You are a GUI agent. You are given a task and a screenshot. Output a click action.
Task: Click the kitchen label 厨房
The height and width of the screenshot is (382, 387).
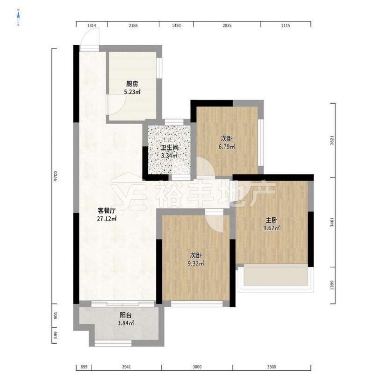(132, 84)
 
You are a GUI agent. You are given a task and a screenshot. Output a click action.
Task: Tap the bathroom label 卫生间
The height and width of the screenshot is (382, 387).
(170, 148)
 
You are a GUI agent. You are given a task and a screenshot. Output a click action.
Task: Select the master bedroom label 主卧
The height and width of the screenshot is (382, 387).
(272, 220)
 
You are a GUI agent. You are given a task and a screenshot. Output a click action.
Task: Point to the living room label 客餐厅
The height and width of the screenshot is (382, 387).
(107, 211)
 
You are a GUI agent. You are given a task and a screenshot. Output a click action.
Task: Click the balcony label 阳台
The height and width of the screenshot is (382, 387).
(126, 315)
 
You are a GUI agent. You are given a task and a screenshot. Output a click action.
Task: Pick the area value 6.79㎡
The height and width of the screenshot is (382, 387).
(226, 147)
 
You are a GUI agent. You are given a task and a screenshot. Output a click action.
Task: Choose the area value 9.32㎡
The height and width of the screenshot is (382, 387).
(196, 264)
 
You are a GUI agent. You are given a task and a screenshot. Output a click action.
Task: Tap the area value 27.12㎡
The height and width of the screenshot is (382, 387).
(107, 218)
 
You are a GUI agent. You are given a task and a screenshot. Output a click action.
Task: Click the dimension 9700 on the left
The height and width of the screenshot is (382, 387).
(56, 176)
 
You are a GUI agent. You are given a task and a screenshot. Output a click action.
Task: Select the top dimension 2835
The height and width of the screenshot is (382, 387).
(227, 26)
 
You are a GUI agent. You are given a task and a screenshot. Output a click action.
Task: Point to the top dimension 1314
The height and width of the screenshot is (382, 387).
(92, 26)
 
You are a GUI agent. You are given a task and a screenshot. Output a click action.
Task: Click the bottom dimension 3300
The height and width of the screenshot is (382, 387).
(272, 367)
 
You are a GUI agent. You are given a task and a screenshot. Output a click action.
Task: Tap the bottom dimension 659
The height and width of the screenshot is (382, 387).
(84, 367)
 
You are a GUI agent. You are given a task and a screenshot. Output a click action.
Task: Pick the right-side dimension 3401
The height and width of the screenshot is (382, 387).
(332, 222)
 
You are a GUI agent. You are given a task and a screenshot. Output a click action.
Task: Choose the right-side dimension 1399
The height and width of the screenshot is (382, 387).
(332, 285)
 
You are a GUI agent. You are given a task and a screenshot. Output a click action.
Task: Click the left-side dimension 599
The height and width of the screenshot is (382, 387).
(56, 335)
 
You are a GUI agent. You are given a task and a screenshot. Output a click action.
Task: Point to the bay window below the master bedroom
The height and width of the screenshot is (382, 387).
(276, 278)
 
